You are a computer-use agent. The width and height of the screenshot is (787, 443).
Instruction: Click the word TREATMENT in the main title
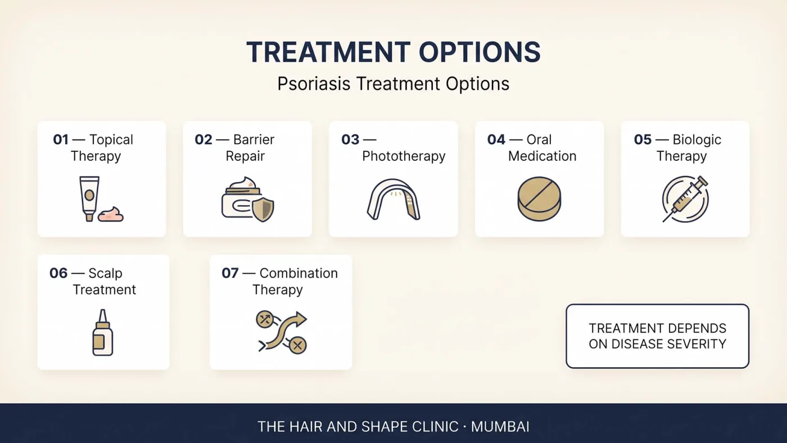click(x=328, y=52)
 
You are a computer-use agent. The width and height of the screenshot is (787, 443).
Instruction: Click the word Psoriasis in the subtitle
click(x=314, y=84)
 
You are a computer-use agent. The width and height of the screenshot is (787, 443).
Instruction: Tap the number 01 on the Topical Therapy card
click(x=61, y=139)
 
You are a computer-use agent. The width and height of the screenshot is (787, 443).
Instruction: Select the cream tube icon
click(x=89, y=198)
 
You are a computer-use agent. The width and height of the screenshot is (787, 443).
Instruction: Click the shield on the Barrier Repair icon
click(x=263, y=209)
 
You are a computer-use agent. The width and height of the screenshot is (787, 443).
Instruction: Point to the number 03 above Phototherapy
click(x=350, y=139)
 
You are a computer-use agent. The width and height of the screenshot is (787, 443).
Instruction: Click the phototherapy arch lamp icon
click(x=393, y=200)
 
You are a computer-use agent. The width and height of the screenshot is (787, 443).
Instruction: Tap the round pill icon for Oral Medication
click(x=539, y=199)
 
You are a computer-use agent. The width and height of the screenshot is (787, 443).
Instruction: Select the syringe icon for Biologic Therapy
click(x=685, y=199)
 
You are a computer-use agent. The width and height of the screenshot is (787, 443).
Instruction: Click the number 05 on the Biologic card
click(x=643, y=139)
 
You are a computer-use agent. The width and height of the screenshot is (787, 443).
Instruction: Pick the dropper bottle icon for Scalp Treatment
click(x=102, y=332)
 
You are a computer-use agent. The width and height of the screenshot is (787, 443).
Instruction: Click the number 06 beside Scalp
click(x=58, y=273)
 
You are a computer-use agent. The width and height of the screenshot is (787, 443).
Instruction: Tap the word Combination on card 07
click(x=298, y=273)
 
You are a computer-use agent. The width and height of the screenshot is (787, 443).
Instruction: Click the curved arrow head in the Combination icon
click(x=300, y=319)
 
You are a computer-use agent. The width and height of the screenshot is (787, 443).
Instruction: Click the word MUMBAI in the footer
click(x=500, y=427)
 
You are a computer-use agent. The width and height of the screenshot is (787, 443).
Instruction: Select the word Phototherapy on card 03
click(x=404, y=156)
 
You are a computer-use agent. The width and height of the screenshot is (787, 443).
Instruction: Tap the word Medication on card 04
click(x=542, y=156)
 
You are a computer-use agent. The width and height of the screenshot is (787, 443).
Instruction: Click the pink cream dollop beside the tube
click(x=110, y=214)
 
